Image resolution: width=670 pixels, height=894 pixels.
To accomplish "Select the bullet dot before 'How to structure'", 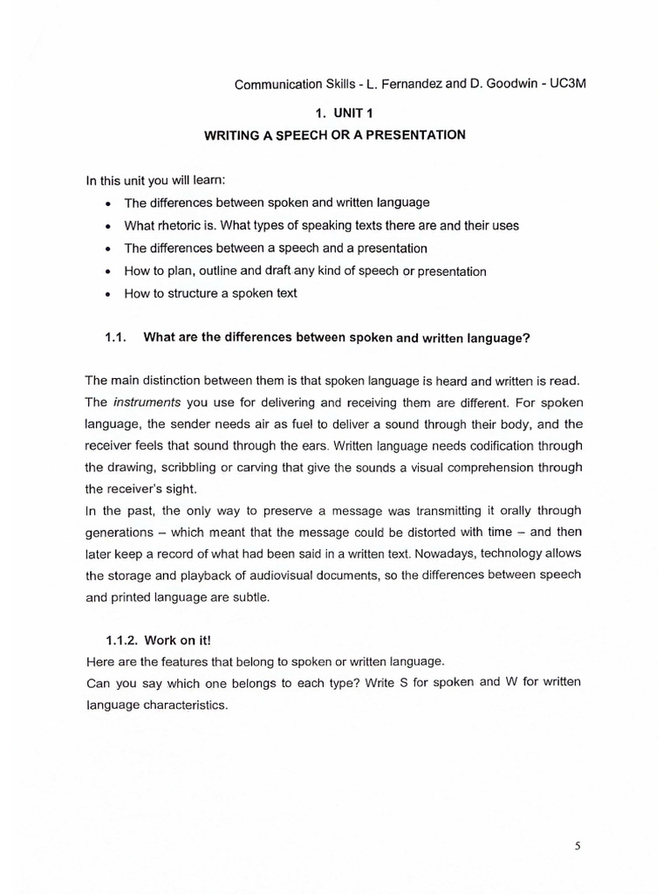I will [106, 294].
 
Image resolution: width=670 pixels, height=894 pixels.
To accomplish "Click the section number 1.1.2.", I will [121, 640].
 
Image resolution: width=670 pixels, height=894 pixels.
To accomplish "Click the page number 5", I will [577, 846].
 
